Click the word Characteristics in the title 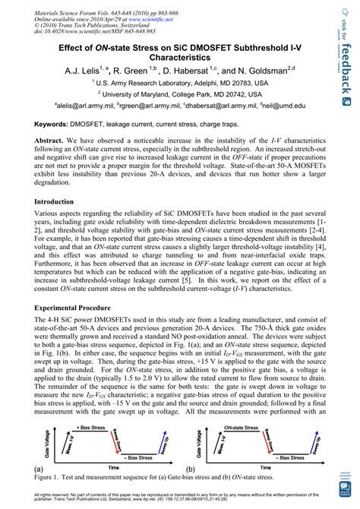[x=180, y=54]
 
